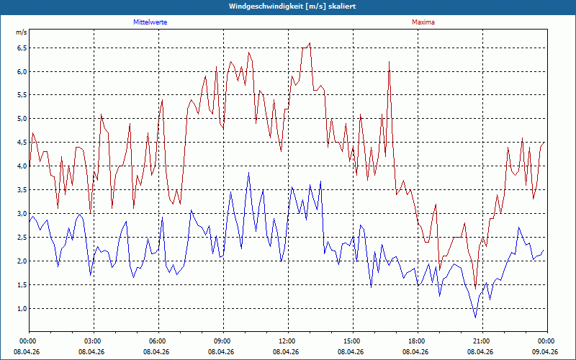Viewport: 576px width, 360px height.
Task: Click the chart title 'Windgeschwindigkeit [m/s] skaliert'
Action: coord(292,6)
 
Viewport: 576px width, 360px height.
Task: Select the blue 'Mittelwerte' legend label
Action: coord(150,22)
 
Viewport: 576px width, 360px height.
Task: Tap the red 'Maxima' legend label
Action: coord(423,22)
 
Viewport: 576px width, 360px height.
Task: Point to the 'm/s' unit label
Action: coord(22,32)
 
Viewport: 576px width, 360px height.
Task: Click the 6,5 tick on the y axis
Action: coord(22,48)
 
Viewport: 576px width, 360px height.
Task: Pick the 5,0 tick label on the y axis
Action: coord(22,119)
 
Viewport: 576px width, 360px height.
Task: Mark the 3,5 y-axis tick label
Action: coord(22,190)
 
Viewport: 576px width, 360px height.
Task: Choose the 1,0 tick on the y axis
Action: coord(22,309)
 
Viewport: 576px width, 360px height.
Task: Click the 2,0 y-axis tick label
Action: coord(22,261)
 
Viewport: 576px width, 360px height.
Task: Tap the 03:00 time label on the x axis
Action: coord(94,341)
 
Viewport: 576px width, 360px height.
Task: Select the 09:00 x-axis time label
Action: coord(223,341)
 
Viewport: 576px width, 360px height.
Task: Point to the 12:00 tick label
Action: coord(289,341)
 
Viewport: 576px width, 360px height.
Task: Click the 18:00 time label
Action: coord(418,341)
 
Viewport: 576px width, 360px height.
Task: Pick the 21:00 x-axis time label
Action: coord(482,341)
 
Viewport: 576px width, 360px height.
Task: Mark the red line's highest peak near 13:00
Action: coord(310,43)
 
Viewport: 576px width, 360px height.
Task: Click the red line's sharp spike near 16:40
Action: coord(389,62)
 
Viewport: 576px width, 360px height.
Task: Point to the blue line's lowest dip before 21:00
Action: coord(475,318)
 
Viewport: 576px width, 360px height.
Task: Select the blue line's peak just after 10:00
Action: coord(248,172)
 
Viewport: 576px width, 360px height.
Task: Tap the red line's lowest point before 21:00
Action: coord(475,289)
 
